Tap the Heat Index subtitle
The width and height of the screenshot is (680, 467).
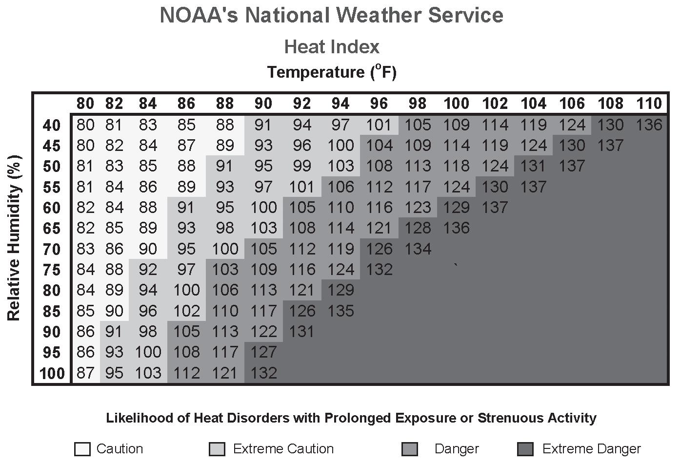point(332,47)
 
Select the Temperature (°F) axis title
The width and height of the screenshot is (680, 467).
point(332,72)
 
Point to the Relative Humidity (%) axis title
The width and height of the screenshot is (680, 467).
point(14,238)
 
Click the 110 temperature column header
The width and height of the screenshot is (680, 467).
point(649,104)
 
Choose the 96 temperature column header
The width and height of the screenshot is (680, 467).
point(379,104)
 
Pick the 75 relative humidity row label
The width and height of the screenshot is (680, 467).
point(52,270)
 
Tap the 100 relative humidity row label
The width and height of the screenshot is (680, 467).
point(52,374)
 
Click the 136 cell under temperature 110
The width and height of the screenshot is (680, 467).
point(649,125)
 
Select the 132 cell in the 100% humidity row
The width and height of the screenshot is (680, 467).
point(263,373)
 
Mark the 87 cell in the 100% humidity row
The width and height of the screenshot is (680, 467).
point(85,373)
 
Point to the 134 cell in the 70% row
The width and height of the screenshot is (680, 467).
point(418,249)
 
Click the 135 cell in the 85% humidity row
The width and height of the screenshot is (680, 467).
point(340,311)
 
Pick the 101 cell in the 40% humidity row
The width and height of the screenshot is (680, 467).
point(379,125)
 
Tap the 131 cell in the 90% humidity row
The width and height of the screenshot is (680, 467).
point(302,332)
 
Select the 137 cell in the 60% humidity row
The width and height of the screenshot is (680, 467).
point(495,208)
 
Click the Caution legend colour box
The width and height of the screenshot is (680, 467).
point(82,449)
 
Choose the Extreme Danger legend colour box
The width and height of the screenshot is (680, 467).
point(525,449)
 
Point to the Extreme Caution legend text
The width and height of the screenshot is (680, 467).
point(283,449)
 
